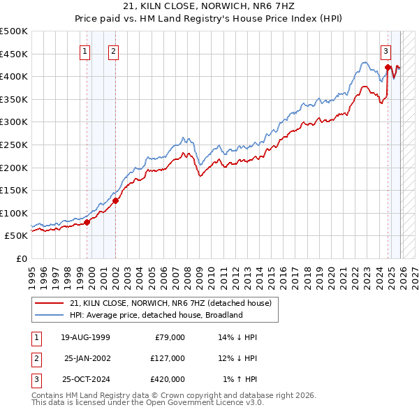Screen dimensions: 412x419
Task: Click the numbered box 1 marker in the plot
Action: pos(84,50)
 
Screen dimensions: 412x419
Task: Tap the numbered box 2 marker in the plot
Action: pos(112,50)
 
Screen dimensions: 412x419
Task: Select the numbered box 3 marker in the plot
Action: pos(385,50)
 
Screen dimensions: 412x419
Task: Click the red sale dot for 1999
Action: pos(87,223)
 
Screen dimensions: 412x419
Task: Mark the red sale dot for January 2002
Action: pos(116,201)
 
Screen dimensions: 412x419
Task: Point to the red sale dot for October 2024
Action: pos(388,68)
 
